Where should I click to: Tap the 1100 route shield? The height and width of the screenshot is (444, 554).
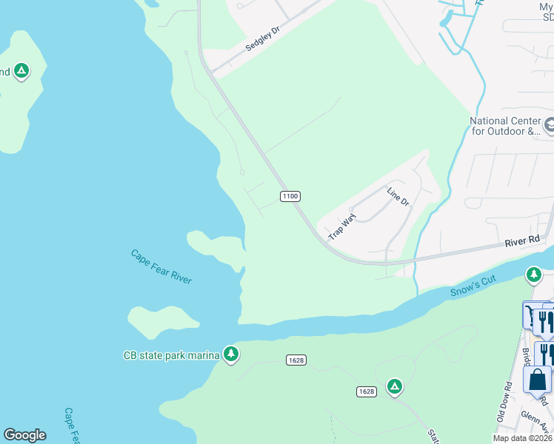coord(290,196)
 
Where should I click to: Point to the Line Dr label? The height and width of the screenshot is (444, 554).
coord(397,196)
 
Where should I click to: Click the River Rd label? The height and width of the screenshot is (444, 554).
coord(523,241)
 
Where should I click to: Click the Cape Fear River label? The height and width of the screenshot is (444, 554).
coord(161,266)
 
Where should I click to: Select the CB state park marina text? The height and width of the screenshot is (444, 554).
coord(171,355)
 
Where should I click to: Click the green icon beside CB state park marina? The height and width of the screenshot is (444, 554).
coord(231,355)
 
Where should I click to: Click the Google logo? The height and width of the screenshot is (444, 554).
coord(24,435)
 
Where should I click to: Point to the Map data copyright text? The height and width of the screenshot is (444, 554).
coord(523,438)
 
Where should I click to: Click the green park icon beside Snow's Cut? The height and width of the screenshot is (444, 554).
coord(533,275)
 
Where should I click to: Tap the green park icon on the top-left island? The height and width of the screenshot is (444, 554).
coord(21,72)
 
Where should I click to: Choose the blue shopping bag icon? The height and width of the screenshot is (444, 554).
coord(537,380)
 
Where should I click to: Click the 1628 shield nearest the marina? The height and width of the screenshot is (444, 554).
coord(296,360)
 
